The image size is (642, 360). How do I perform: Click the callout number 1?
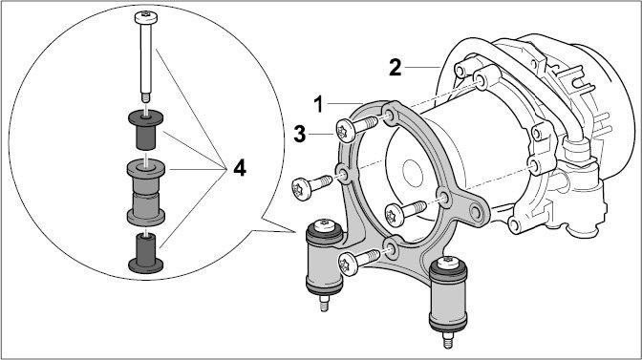point(318,104)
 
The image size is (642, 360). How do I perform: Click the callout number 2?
point(396,68)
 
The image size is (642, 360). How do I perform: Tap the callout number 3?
point(300,135)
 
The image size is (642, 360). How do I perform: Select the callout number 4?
point(240,168)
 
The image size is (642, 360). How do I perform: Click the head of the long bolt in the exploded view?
point(146,17)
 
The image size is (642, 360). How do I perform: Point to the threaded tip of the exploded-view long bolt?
point(145,97)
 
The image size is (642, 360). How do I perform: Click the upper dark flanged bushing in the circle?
point(146,129)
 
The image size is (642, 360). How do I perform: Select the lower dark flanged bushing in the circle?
point(146,253)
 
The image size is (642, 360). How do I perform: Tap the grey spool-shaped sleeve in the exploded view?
point(146,192)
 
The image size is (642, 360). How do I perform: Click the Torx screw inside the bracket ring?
point(405,213)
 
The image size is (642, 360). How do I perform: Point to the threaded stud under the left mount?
point(324,304)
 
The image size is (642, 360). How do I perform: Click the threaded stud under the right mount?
point(448,340)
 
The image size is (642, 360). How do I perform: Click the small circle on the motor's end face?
point(413,172)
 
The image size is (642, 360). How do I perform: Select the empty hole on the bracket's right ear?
point(476,212)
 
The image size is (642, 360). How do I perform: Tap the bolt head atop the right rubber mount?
point(448,262)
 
